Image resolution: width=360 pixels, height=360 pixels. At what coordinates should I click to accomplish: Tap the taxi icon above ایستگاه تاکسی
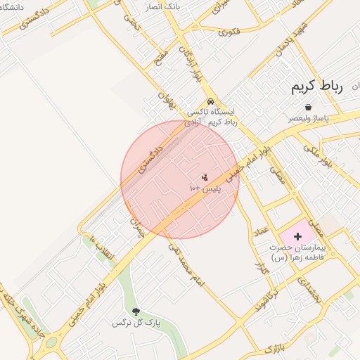point(210,101)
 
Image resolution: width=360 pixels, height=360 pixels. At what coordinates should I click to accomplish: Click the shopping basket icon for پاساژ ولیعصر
point(309,107)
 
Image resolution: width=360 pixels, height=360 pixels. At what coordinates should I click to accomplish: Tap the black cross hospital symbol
point(297,237)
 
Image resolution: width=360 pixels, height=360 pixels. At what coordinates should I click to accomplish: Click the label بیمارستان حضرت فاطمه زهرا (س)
point(300,253)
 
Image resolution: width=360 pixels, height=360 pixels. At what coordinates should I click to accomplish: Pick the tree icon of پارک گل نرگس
point(136,311)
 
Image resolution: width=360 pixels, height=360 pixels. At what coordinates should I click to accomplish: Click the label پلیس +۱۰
point(205,189)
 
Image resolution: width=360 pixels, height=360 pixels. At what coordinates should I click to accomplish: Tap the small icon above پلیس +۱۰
point(205,176)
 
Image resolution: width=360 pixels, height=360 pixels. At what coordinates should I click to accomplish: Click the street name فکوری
point(229,31)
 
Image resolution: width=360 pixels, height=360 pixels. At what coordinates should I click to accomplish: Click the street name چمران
point(135,226)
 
